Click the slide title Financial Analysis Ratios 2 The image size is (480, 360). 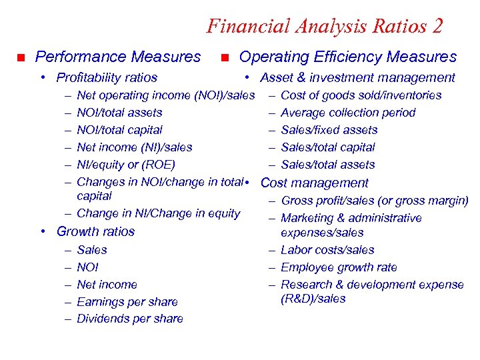tap(325, 26)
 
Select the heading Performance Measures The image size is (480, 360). tap(117, 57)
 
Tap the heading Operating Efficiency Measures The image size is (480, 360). tap(347, 57)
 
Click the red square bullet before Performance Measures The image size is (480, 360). tap(21, 57)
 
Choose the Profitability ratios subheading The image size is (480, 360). tap(107, 78)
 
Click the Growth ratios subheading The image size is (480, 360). tap(95, 231)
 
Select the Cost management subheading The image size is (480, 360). tap(314, 183)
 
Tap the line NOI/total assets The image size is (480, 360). tap(119, 113)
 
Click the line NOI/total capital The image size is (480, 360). tap(119, 130)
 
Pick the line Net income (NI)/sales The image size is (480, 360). tap(135, 147)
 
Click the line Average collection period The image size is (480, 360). tap(348, 113)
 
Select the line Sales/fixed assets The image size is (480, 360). tap(329, 130)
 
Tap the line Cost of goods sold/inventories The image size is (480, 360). tap(361, 95)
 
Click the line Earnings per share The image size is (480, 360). tap(127, 302)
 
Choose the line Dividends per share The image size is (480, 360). tap(130, 319)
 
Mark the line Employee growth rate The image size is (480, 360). tap(339, 267)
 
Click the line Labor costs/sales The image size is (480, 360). tap(327, 250)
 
